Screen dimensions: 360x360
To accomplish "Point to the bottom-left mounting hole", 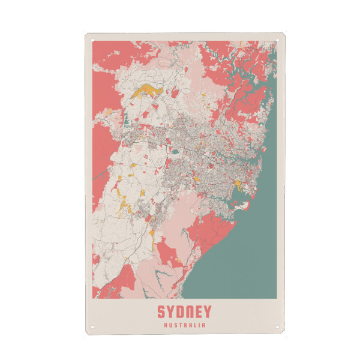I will pos(94,328).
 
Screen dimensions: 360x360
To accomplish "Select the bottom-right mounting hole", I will pos(277,328).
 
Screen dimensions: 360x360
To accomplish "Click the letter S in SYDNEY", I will pos(161,312).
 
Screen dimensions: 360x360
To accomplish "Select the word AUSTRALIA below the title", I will pos(184,326).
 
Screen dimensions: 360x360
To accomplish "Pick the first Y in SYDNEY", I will pos(171,312).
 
